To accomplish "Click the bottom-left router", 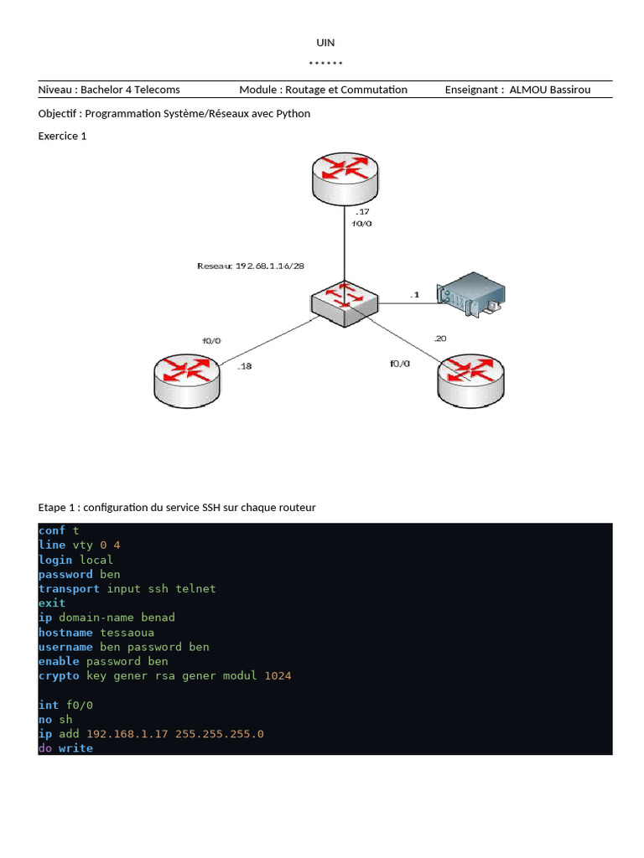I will click(188, 380).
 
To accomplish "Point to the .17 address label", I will click(362, 211).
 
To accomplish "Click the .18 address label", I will click(245, 366).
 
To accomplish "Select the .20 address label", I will click(439, 339).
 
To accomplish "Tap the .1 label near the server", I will click(413, 295).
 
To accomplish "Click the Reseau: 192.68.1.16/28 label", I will click(251, 266).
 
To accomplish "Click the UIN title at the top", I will click(325, 43).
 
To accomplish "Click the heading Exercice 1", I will click(63, 136).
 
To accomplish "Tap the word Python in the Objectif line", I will click(293, 113).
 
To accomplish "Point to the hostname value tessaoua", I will click(127, 633).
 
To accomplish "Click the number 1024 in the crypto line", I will click(278, 675).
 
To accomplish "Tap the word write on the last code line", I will click(75, 747).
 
